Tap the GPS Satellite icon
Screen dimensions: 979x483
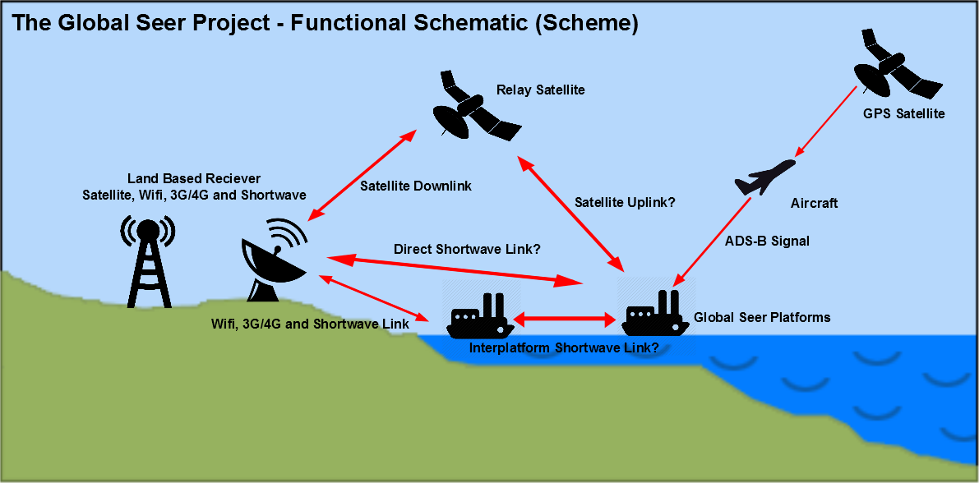[x=898, y=67]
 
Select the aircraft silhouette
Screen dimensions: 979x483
[x=764, y=177]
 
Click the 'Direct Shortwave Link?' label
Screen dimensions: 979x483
[x=467, y=248]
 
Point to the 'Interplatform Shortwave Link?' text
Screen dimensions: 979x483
[x=563, y=348]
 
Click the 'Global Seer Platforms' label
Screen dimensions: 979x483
[x=762, y=317]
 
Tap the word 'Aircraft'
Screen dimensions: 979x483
[x=814, y=203]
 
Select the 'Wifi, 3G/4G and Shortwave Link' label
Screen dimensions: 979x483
[x=311, y=324]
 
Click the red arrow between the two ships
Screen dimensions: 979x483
[x=566, y=320]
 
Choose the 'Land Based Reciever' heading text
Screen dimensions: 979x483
[x=194, y=178]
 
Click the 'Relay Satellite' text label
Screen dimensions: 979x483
[x=541, y=90]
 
